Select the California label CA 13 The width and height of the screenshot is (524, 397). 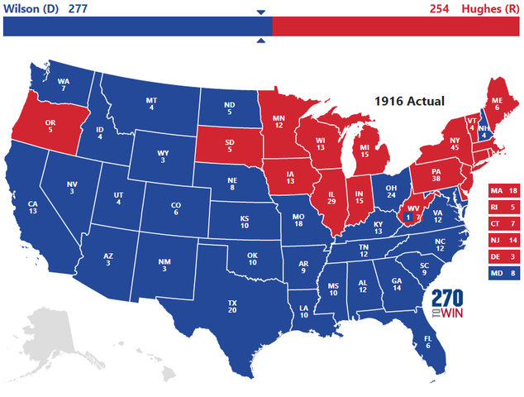pos(32,208)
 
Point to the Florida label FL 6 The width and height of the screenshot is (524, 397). pos(427,342)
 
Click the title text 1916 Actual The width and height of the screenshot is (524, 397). pos(409,101)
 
